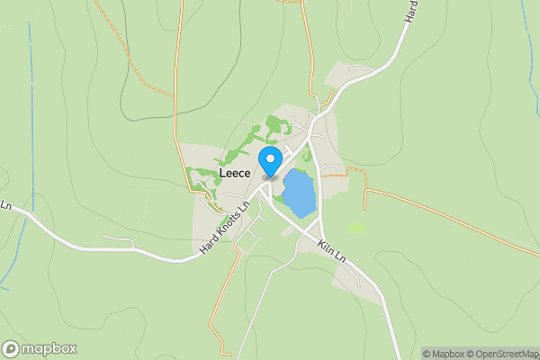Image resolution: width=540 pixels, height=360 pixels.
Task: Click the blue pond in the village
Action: tap(299, 193)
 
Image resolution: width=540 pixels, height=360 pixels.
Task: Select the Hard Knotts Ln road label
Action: tap(224, 231)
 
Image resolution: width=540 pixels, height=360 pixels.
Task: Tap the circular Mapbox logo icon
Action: tap(11, 348)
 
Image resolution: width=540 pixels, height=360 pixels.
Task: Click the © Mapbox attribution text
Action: tap(444, 354)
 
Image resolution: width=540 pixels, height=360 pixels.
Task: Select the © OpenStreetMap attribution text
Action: tap(504, 354)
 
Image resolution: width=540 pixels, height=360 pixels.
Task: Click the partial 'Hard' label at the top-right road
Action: tap(411, 11)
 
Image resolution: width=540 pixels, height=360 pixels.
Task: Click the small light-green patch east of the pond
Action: tap(356, 228)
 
